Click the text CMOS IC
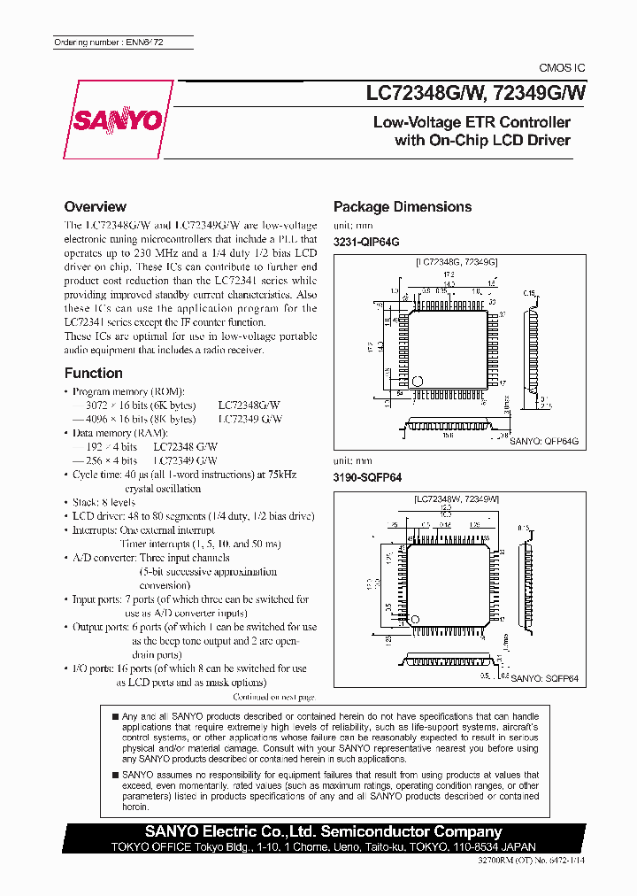coord(562,68)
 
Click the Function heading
coord(93,373)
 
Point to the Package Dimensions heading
coord(402,206)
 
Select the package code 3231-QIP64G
coord(366,242)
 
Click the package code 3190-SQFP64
coord(367,477)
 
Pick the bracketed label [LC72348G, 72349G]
coord(456,263)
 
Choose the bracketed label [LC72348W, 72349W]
coord(456,499)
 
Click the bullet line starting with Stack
coord(100,502)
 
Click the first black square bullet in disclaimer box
coord(114,715)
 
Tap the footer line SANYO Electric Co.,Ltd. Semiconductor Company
coord(324,831)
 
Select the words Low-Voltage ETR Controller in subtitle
coord(471,122)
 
